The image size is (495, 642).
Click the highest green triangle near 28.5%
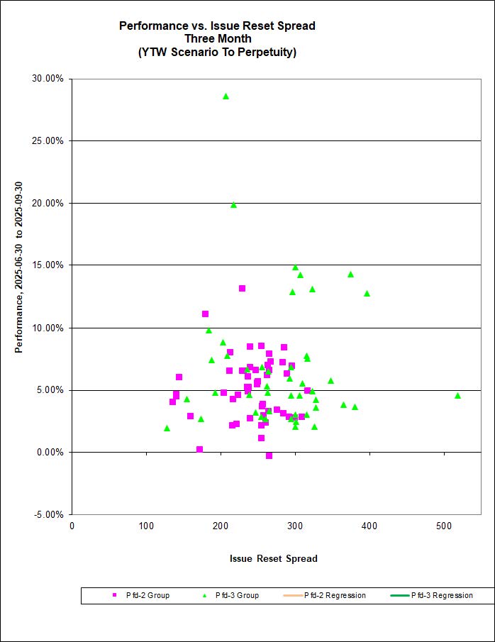226,96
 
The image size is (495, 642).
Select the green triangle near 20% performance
233,205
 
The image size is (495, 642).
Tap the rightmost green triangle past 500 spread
457,396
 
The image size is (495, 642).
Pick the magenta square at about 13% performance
242,288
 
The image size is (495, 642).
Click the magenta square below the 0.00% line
269,455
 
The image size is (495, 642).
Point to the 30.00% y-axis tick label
49,79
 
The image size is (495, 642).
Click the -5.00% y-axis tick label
49,514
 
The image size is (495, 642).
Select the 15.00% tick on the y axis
49,265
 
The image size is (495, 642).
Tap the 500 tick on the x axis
443,526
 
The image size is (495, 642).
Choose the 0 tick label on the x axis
72,526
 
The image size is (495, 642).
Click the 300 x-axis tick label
294,526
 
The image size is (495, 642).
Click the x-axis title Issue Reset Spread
273,558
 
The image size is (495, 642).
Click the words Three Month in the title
217,38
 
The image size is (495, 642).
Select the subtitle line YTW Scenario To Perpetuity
217,52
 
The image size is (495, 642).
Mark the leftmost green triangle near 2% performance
167,428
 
